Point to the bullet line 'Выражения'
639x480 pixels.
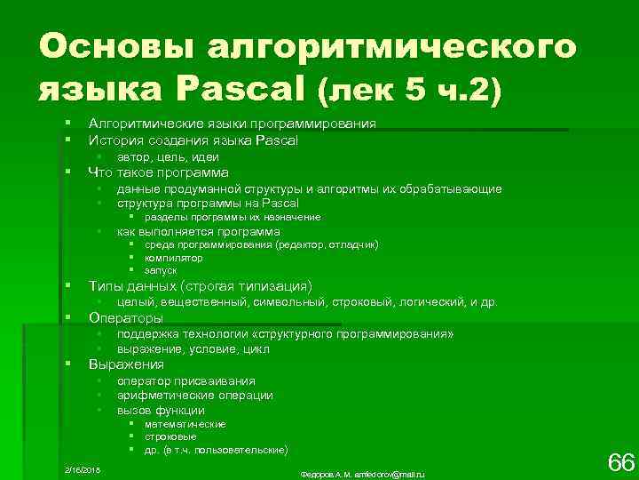126,364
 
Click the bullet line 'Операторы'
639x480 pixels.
126,317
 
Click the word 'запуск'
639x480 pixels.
161,269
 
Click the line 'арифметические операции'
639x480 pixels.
194,396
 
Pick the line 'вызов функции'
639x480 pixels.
161,411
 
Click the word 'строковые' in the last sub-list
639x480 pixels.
170,436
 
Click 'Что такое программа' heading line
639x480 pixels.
158,172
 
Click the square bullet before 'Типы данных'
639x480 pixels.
67,286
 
